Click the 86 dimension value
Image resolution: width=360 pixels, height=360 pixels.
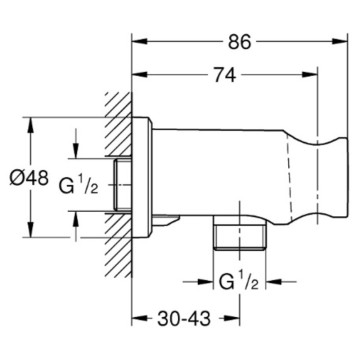point(239,42)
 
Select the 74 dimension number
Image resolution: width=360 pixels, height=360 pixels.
point(225,75)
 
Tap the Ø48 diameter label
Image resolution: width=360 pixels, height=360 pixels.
point(29,178)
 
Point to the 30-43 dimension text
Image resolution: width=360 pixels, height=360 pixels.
point(184,319)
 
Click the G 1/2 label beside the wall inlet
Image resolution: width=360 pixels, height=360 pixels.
point(79,185)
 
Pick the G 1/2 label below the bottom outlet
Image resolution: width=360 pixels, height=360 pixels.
point(239,282)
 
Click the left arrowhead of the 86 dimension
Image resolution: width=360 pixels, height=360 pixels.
point(140,41)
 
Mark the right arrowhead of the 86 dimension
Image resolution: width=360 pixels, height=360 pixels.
point(340,41)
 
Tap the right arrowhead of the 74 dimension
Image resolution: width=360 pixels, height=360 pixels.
point(309,74)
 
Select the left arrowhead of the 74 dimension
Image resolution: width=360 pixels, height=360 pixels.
point(140,74)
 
